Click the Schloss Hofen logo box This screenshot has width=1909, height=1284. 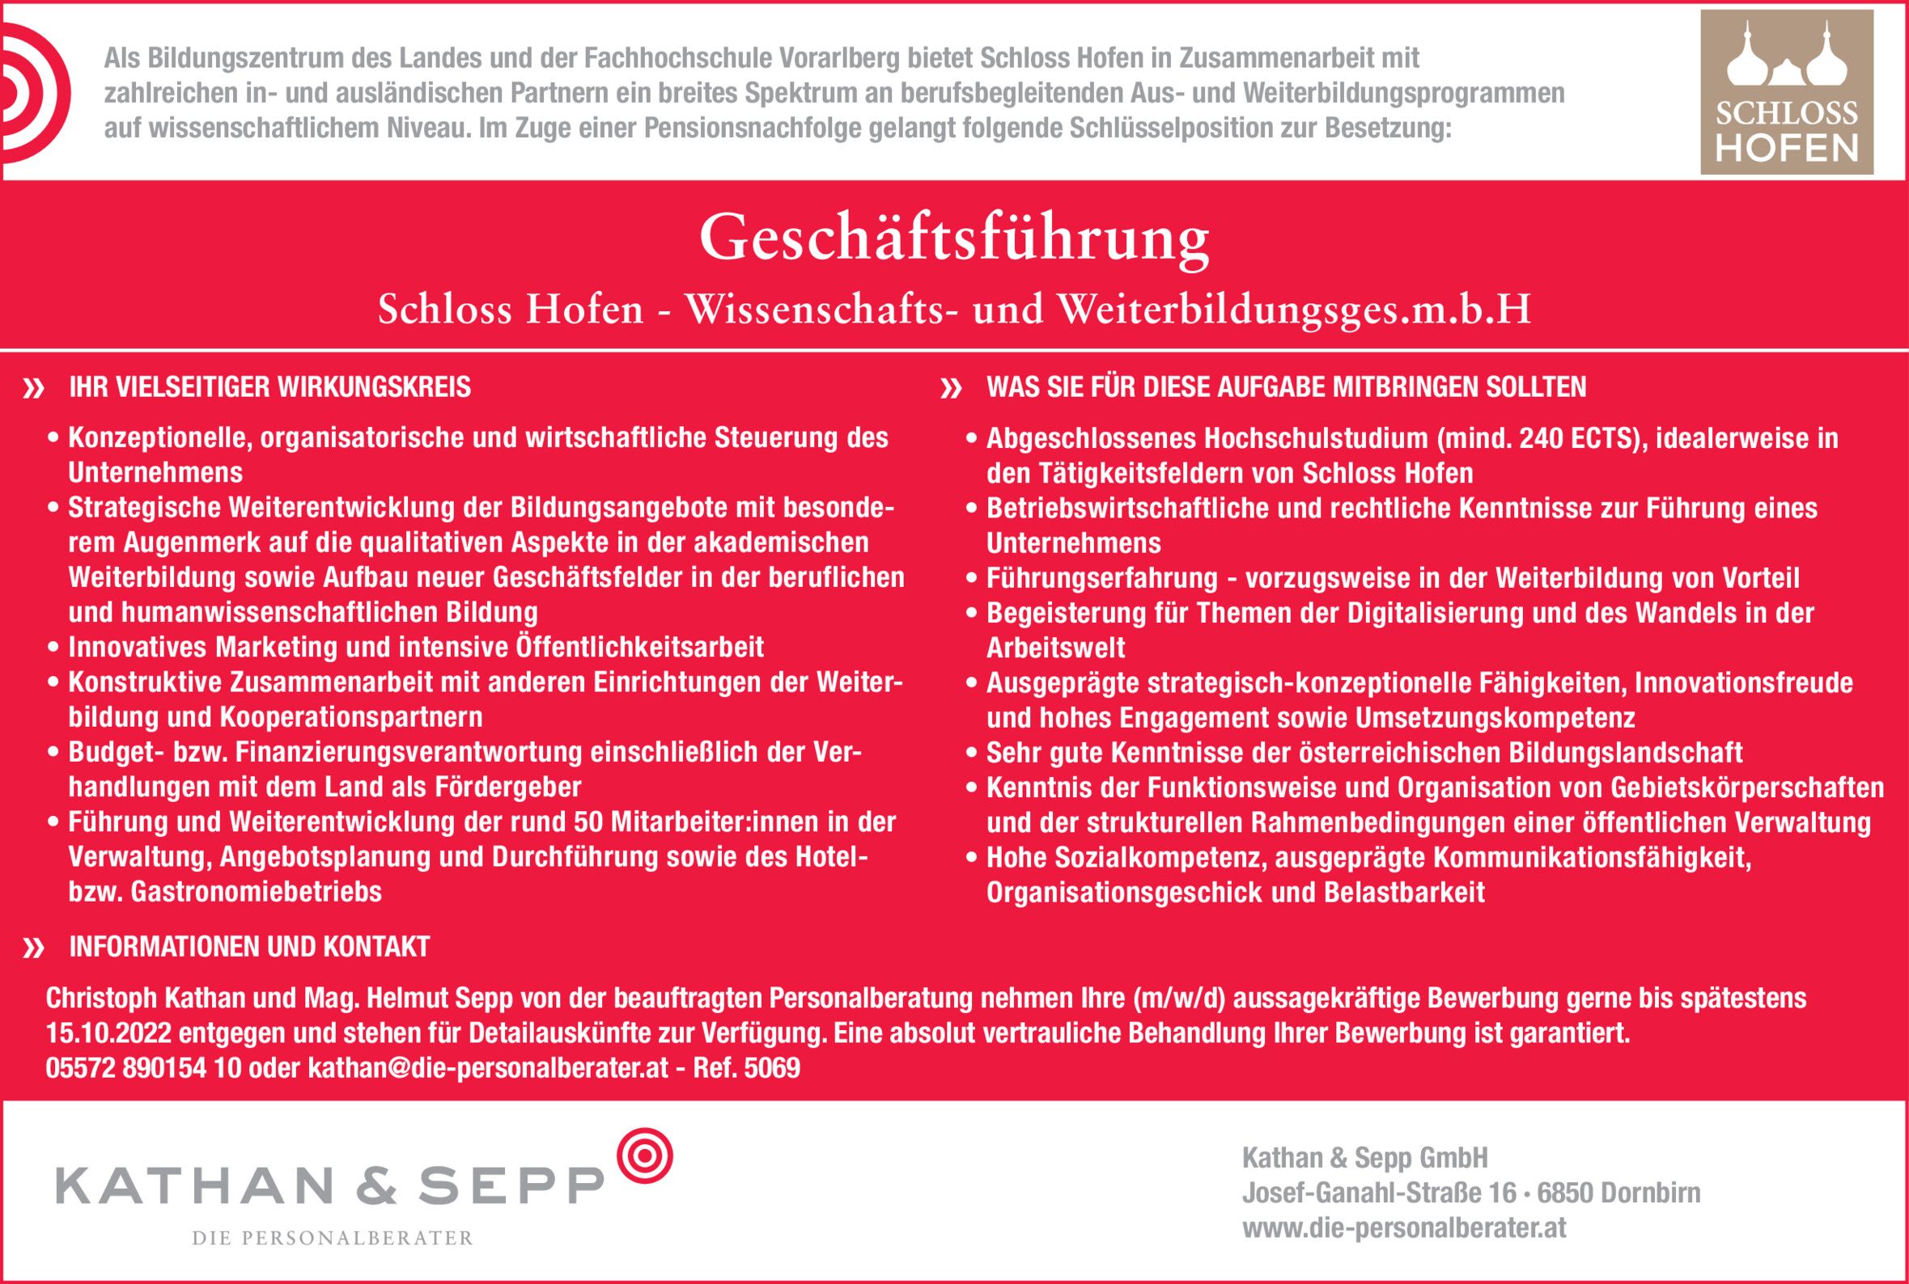click(1786, 91)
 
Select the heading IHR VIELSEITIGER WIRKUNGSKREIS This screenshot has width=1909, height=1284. click(269, 386)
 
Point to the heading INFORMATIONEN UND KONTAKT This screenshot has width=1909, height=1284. click(249, 947)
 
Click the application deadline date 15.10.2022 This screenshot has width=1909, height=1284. click(108, 1033)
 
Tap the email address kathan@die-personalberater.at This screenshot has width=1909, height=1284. click(487, 1068)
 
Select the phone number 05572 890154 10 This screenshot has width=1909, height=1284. click(142, 1068)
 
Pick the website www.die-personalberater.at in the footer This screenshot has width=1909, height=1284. click(1403, 1227)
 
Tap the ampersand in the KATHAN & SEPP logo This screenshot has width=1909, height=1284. click(376, 1186)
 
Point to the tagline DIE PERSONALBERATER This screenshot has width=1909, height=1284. click(332, 1238)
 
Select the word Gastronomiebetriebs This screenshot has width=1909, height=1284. click(256, 892)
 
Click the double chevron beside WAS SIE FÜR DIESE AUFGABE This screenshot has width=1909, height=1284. click(950, 388)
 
